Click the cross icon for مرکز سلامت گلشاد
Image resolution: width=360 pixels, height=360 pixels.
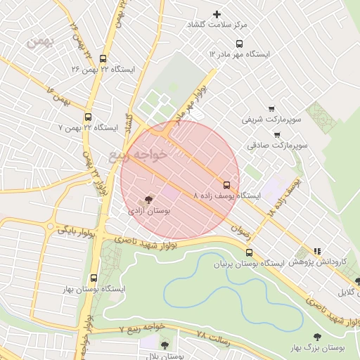[x=217, y=14]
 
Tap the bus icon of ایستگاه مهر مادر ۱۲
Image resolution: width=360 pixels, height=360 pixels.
[x=212, y=53]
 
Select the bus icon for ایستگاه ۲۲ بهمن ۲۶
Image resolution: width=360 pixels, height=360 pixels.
[x=104, y=59]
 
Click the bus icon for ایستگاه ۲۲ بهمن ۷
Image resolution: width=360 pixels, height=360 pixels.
[x=88, y=117]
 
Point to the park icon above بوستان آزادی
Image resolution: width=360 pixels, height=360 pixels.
[x=148, y=199]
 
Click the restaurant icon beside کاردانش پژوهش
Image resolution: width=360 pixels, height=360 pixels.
[x=317, y=250]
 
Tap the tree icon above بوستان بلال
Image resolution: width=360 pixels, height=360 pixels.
[x=165, y=345]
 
